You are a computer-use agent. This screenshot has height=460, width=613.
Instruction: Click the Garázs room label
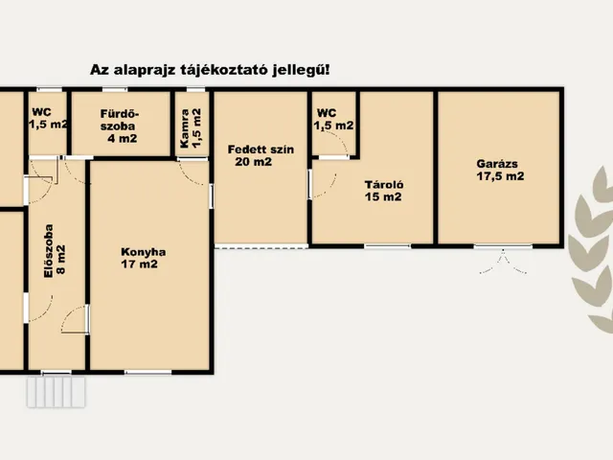(497, 164)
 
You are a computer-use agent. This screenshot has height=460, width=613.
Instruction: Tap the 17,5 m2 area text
(500, 176)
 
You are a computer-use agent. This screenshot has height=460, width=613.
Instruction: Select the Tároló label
(384, 185)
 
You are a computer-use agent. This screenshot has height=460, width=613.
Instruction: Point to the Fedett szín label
(261, 149)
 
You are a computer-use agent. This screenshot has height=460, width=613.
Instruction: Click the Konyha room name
(143, 252)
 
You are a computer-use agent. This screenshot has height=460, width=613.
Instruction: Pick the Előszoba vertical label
(48, 251)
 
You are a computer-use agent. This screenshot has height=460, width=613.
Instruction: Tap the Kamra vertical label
(185, 128)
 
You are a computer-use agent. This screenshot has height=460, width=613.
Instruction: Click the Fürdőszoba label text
(119, 120)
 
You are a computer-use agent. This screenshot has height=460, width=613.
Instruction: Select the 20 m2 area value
(253, 162)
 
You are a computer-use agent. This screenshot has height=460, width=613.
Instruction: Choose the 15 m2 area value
(383, 196)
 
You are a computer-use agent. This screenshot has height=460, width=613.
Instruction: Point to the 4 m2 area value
(123, 138)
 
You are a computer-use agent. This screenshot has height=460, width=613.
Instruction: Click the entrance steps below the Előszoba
(57, 392)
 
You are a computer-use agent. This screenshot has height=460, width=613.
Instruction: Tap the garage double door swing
(503, 263)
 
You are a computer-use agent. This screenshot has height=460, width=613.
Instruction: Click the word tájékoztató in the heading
(224, 70)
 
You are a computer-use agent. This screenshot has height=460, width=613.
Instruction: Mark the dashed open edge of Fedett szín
(261, 247)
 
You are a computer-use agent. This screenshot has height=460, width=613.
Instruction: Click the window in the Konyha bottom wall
(148, 372)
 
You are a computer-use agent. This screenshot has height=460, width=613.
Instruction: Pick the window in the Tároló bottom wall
(387, 246)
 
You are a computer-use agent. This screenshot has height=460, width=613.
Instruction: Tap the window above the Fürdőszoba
(115, 89)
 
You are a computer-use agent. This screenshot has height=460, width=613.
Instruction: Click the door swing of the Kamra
(192, 172)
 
